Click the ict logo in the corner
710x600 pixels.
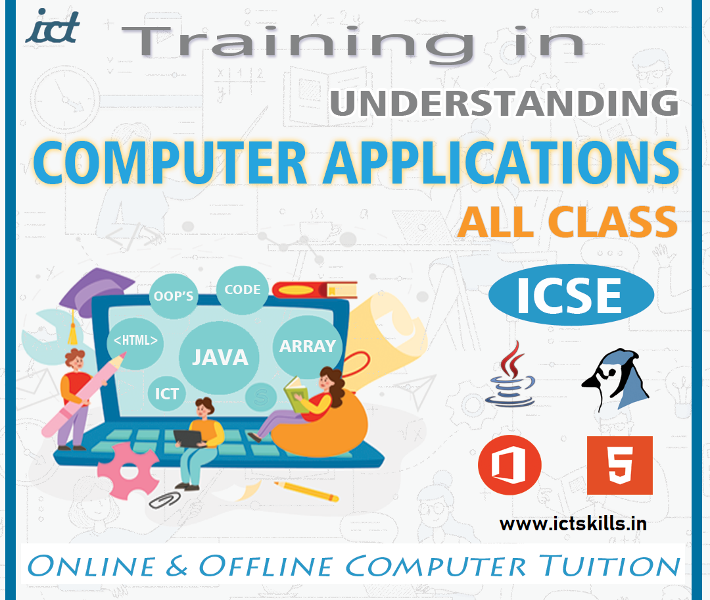[x=53, y=26]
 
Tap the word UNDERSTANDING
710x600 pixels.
[x=504, y=103]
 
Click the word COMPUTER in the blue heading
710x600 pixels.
[x=170, y=162]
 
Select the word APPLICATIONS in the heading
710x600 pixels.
[x=501, y=162]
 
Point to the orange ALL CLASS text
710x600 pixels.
[x=568, y=222]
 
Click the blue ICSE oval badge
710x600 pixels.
[x=571, y=295]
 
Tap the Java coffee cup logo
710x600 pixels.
[x=511, y=374]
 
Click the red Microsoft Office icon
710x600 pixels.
[x=510, y=465]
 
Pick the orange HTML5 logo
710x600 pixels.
[x=620, y=465]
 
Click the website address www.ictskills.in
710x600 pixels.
[x=573, y=524]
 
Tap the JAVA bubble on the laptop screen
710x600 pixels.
[x=220, y=357]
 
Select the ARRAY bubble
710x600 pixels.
[x=308, y=346]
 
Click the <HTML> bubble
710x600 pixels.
[x=135, y=341]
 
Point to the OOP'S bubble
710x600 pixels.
[x=174, y=295]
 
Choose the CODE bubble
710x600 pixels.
[x=242, y=289]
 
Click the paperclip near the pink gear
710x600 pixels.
[x=165, y=499]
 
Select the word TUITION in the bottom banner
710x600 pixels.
[x=609, y=566]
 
